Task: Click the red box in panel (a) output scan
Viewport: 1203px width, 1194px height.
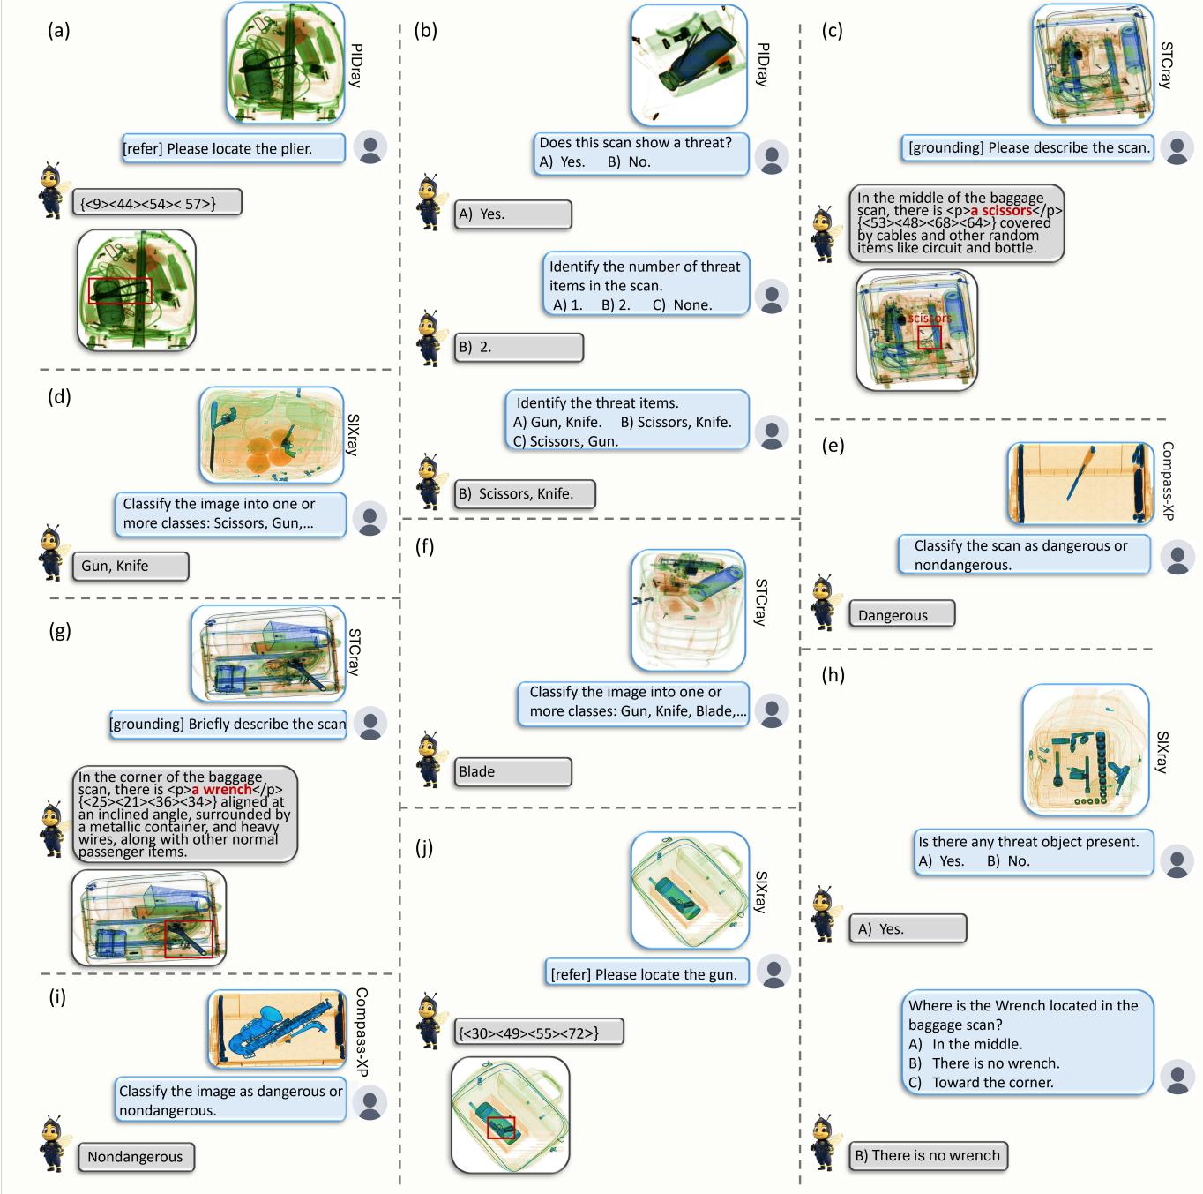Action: point(119,291)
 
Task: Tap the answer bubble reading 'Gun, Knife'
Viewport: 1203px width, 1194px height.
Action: point(130,567)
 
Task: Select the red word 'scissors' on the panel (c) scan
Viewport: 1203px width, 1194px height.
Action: point(930,318)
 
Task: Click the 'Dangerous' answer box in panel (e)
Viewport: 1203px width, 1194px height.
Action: point(901,614)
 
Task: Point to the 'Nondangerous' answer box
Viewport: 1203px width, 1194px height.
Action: point(136,1157)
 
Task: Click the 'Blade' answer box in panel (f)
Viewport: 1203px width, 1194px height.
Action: point(513,771)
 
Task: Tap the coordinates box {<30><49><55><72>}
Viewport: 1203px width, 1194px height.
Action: point(539,1032)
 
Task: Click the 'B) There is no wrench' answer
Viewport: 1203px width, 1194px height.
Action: point(929,1156)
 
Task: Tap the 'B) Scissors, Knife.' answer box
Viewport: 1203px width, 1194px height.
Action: point(525,494)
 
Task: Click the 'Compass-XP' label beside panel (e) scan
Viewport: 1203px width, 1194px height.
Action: point(1168,481)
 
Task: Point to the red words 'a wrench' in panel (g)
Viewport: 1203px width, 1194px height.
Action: point(221,790)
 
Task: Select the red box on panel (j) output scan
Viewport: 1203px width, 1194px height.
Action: point(501,1127)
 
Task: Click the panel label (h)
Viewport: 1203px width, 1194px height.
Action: point(833,676)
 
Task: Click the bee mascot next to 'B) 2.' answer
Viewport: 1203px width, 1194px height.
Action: point(430,336)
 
